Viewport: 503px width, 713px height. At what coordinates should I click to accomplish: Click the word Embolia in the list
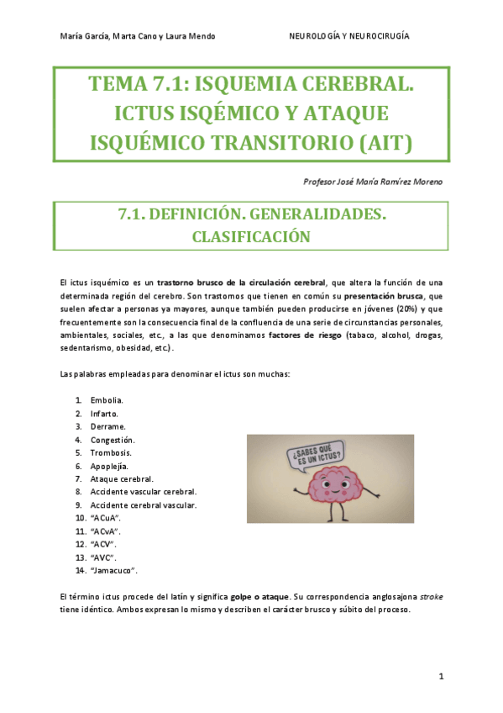(x=107, y=399)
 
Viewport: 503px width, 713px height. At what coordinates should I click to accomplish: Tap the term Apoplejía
(x=109, y=465)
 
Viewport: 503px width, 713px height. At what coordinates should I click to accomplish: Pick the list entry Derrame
(x=107, y=426)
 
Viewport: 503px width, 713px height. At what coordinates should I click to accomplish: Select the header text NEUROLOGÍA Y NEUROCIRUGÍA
(x=348, y=36)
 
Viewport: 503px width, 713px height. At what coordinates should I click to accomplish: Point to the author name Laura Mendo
(x=191, y=36)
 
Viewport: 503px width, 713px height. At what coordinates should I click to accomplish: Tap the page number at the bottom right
(x=440, y=677)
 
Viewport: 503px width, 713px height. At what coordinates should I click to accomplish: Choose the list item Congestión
(x=113, y=439)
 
